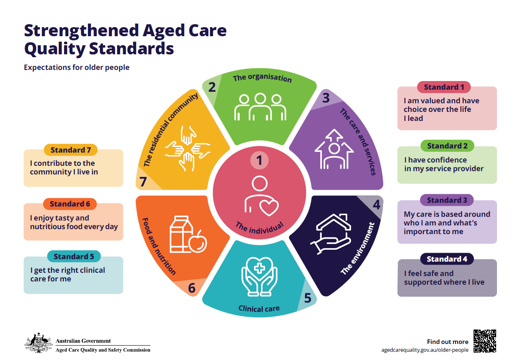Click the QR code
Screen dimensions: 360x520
point(485,341)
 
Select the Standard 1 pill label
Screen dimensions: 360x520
point(444,87)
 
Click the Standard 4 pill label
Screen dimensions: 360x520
point(447,259)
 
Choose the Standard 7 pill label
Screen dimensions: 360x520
point(70,150)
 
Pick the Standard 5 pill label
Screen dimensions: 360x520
point(74,257)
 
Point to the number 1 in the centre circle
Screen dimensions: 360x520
point(259,160)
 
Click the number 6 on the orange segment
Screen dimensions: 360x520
point(192,288)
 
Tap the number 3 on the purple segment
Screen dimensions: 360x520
point(326,98)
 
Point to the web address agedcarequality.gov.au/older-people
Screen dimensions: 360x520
point(425,350)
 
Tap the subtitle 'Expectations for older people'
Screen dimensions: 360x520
point(76,67)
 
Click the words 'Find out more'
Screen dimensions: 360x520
point(447,341)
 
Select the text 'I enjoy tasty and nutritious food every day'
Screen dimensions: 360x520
point(74,222)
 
